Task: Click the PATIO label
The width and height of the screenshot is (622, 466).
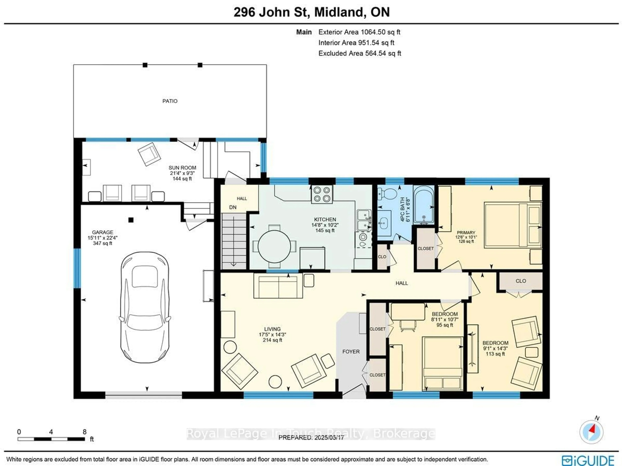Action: [x=170, y=101]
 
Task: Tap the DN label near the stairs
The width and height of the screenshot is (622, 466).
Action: [x=233, y=207]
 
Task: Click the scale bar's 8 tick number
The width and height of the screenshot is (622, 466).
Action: [x=84, y=432]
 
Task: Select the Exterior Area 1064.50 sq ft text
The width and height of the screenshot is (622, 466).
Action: [x=359, y=32]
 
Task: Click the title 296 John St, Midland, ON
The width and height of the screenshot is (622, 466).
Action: [x=311, y=12]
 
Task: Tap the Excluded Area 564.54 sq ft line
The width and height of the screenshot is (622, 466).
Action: [x=359, y=53]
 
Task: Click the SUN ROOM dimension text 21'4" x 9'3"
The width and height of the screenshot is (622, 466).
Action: [x=182, y=173]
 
